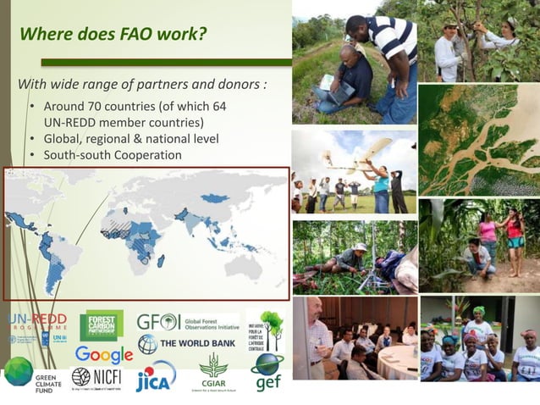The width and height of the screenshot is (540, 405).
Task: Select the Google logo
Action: pos(103,354)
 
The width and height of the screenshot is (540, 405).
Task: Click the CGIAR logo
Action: pos(213,371)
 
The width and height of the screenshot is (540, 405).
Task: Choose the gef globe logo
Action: pos(267,371)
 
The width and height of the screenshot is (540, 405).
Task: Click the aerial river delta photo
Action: pos(478,140)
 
